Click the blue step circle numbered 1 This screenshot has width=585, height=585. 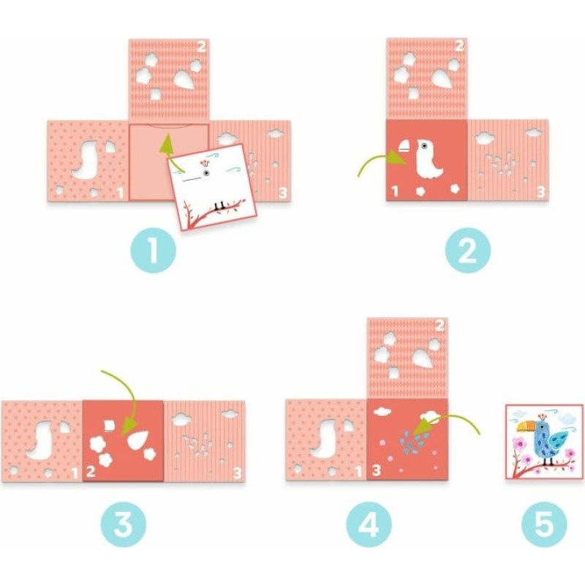(x=153, y=250)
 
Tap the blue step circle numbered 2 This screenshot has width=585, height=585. (x=468, y=250)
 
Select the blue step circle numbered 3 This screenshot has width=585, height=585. (x=123, y=524)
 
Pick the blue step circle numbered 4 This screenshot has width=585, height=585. (x=369, y=524)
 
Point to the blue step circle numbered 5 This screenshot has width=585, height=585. (x=544, y=524)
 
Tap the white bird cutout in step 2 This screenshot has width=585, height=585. (x=429, y=159)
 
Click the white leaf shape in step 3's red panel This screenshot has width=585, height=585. (x=137, y=439)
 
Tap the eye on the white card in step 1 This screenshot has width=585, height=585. (x=206, y=173)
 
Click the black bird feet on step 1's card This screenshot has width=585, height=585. (x=220, y=205)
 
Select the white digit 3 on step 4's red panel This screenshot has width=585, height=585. (x=376, y=470)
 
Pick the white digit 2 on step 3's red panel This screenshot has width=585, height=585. (x=91, y=471)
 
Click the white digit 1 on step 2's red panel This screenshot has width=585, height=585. (x=395, y=192)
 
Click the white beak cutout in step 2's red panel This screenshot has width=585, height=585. (x=406, y=146)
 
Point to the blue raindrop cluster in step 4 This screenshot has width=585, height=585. (x=413, y=441)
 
